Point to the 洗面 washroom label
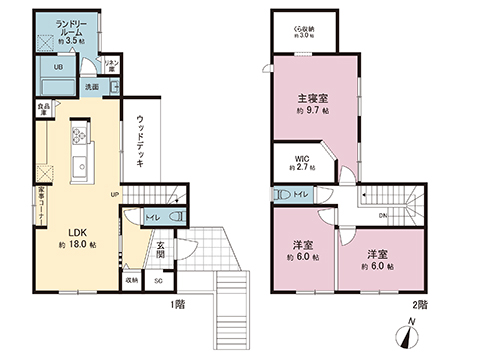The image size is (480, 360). pos(91,87)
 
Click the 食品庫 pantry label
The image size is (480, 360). pos(44,106)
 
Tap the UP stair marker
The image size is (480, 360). pos(115,194)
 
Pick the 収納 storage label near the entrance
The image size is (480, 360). pos(132,282)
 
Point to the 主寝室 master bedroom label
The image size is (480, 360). pos(312,100)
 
